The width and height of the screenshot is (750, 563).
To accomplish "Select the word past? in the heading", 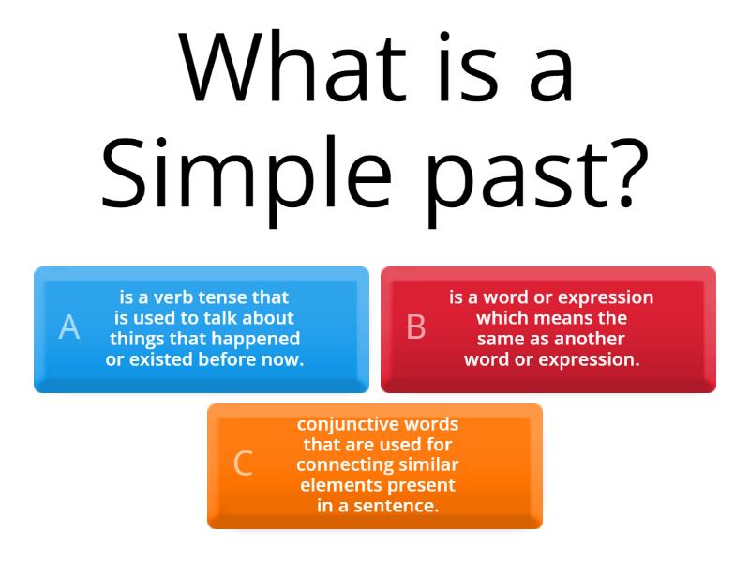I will click(545, 174).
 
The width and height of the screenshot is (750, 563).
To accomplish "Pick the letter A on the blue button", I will click(69, 327).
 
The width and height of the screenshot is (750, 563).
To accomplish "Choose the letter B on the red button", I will click(416, 327).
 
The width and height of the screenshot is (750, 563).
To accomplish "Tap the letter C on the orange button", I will click(243, 464).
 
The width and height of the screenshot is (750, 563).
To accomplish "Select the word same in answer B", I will click(501, 339).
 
